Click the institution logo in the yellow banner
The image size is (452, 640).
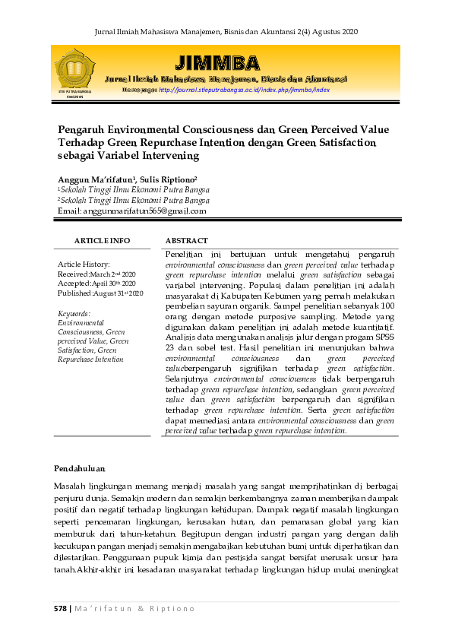[74, 71]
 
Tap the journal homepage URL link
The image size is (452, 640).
[244, 90]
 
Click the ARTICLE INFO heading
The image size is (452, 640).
[102, 240]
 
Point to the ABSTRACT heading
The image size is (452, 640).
[186, 240]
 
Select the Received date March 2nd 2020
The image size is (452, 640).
[113, 273]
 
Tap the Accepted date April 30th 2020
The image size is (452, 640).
[115, 283]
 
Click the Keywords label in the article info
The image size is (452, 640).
[74, 313]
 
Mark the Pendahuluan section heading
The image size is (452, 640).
[80, 468]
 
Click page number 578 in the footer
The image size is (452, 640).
[60, 608]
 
